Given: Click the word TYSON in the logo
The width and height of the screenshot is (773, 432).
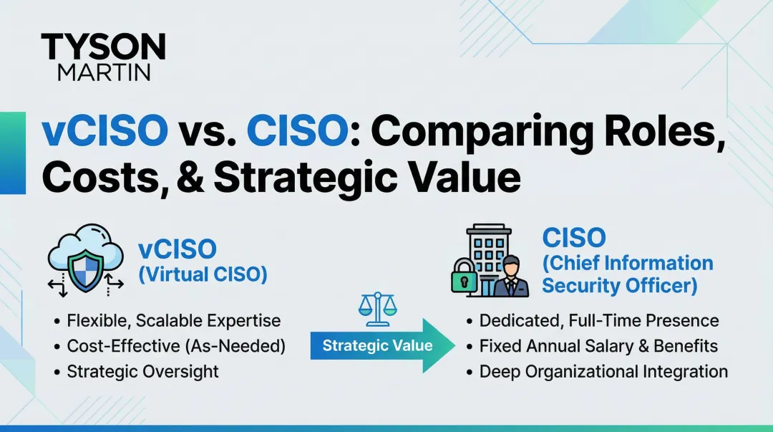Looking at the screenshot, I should coord(103,47).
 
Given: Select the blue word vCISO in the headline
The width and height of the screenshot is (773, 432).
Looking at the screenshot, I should coord(104,133).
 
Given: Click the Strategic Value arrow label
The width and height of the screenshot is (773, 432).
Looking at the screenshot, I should coord(377,346).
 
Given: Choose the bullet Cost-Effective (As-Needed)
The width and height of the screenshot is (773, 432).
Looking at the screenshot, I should coord(176,346).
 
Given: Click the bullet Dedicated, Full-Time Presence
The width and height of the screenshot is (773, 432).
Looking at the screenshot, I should coord(599,320).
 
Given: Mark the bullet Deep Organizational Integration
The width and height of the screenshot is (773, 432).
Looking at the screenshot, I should coord(603,371).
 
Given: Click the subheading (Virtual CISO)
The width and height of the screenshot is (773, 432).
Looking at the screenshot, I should coord(203,274).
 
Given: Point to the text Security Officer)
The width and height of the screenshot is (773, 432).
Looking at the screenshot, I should coord(619,285).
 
